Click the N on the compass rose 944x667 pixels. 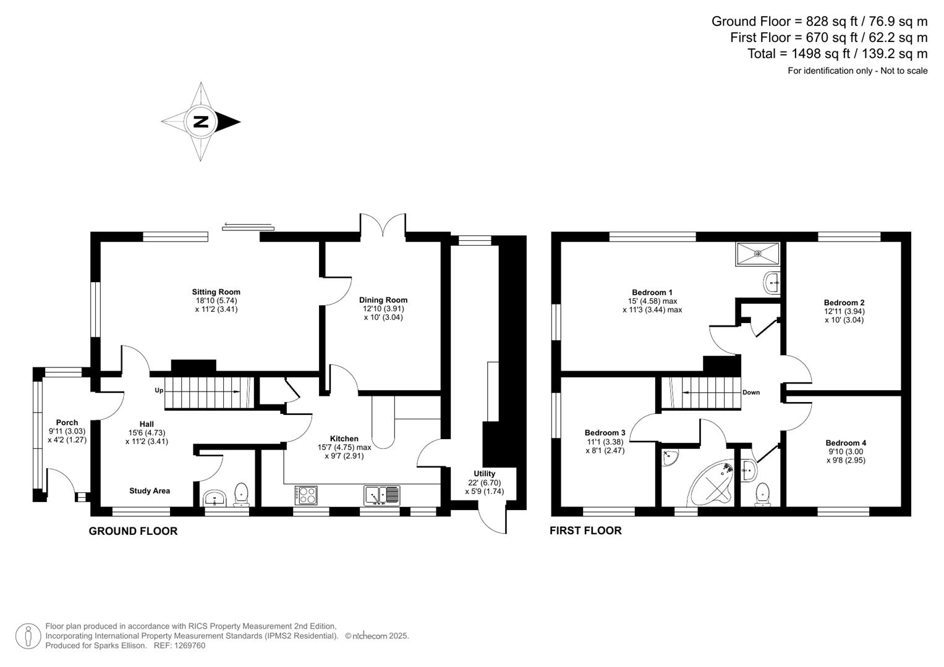coord(201,122)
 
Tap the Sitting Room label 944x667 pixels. coord(216,292)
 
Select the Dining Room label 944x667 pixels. coord(383,300)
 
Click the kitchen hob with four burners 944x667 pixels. coord(306,495)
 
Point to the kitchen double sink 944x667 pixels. coord(382,495)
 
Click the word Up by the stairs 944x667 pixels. coord(159,391)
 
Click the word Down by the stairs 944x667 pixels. coord(751,392)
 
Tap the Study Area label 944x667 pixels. coord(150,491)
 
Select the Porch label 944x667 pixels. coord(67,422)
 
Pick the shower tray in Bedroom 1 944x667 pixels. coord(757,254)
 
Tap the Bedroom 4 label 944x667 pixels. coord(846,443)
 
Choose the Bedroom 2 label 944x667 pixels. coord(844,303)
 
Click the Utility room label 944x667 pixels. coord(485,474)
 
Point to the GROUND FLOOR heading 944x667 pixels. coord(133,531)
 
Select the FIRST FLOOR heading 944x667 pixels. coord(585,531)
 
